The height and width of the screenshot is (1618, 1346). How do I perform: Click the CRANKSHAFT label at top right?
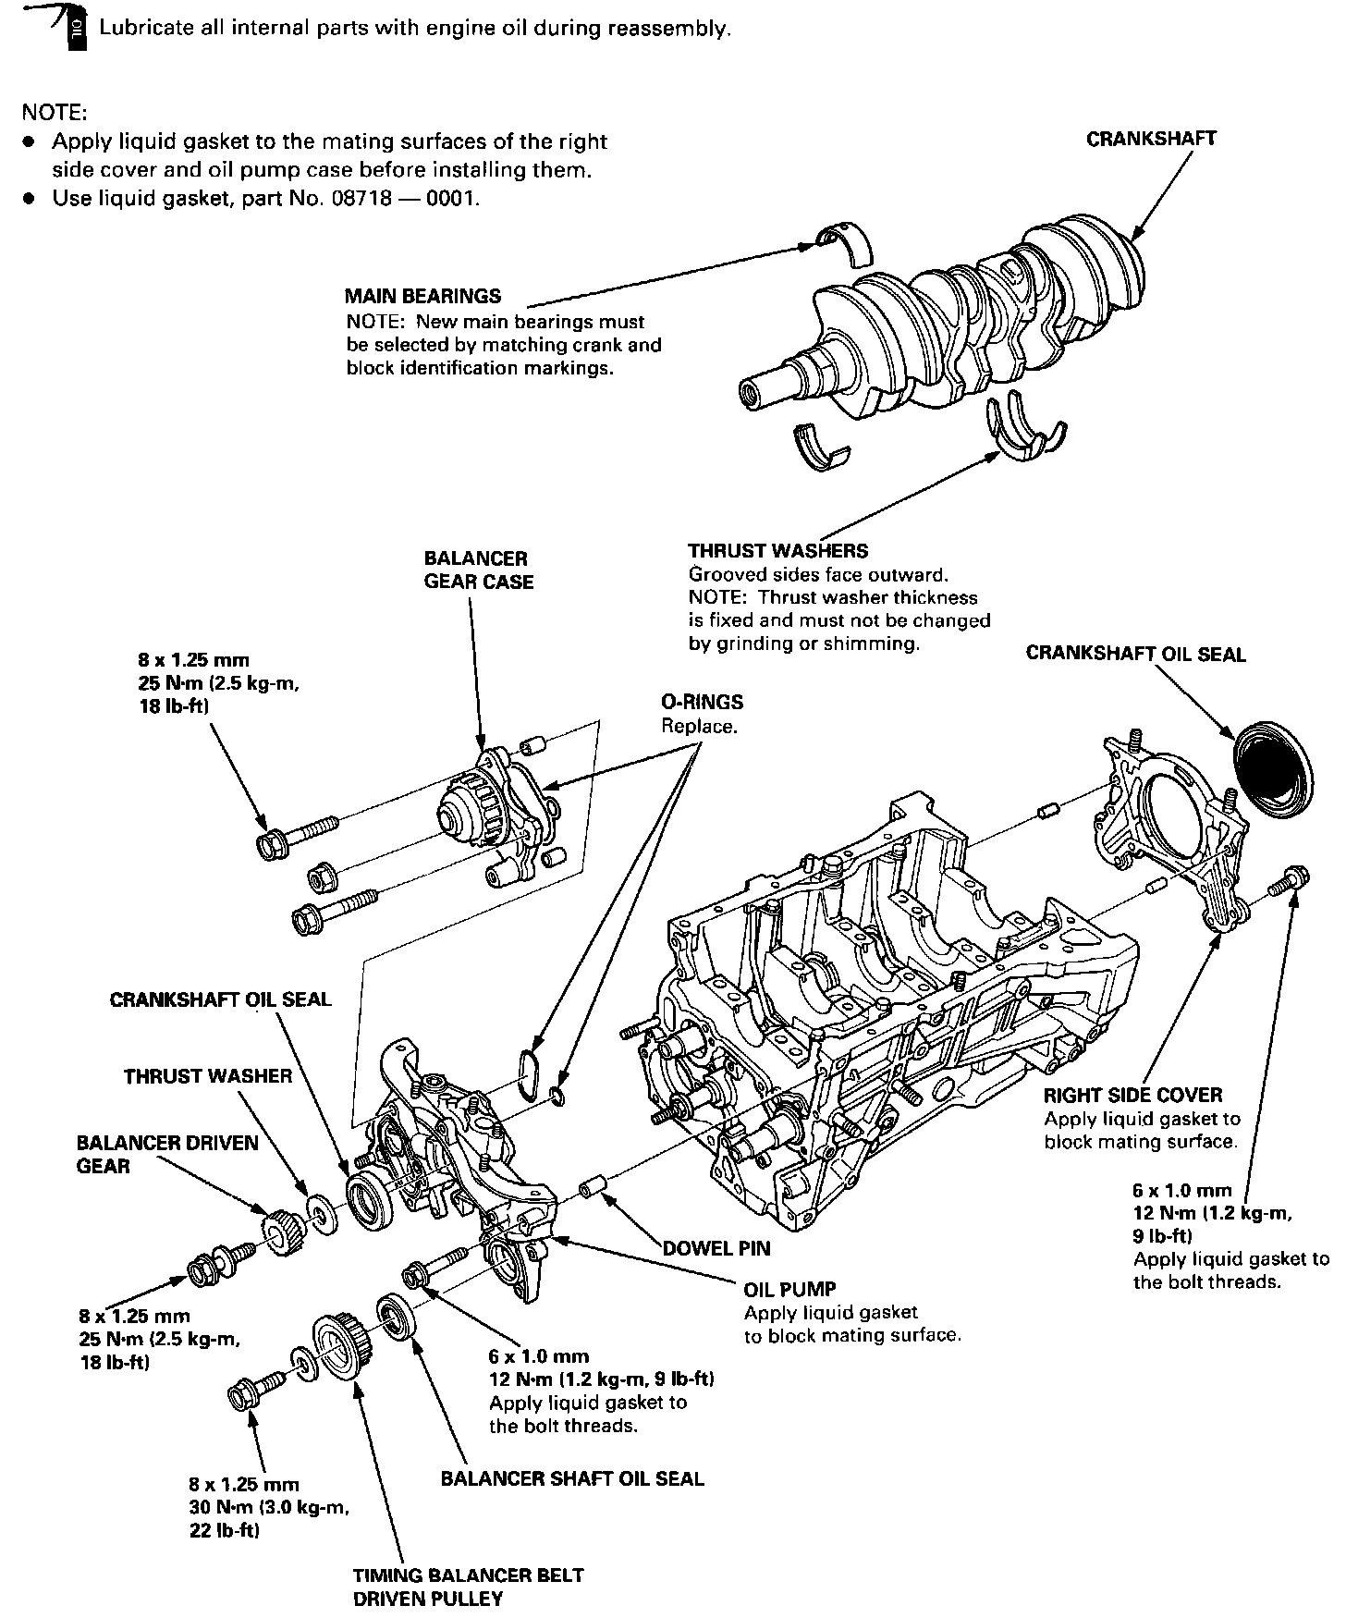coord(1151,140)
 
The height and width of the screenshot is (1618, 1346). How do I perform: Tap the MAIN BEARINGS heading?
coord(422,297)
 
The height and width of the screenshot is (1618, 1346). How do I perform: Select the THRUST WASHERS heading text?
coord(778,551)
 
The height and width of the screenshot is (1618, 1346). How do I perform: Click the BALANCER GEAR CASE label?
coord(478,570)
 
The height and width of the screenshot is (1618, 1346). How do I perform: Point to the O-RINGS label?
coord(702,703)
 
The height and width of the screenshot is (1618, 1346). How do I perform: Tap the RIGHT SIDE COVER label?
coord(1132,1096)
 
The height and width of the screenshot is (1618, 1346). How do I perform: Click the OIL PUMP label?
coord(789,1289)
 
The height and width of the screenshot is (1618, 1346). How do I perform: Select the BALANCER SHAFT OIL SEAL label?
coord(572,1478)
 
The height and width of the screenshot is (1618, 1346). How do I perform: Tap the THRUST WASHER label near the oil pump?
coord(208,1076)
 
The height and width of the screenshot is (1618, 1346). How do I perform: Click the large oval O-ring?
coord(530,1073)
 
